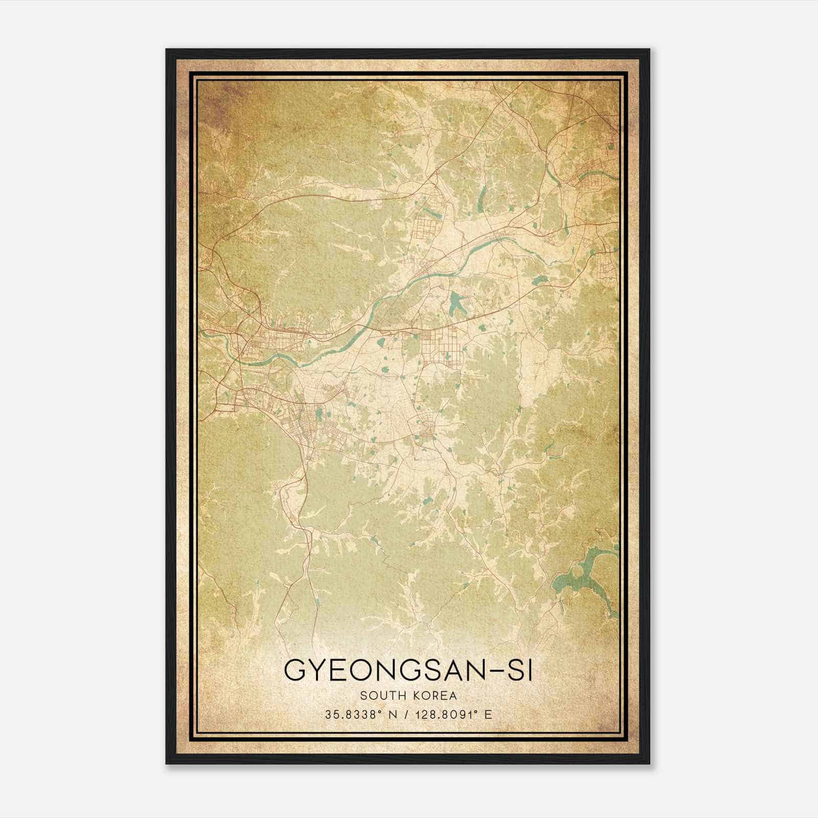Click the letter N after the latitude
[393, 715]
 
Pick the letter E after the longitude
[488, 715]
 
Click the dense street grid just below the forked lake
[443, 345]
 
